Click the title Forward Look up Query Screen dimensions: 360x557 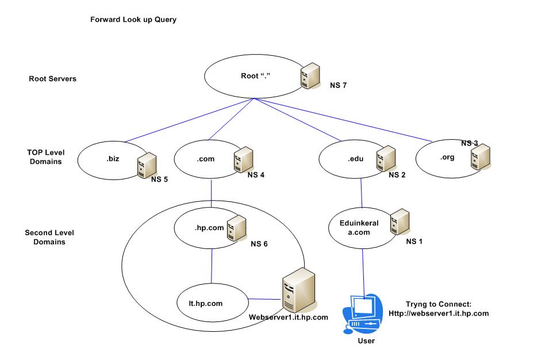[133, 20]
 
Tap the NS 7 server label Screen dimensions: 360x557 [339, 86]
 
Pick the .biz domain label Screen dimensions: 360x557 [112, 159]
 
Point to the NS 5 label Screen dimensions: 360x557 [160, 179]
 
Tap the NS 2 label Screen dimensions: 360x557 [397, 175]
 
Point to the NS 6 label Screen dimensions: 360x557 [259, 243]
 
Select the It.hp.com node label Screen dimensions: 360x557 [208, 302]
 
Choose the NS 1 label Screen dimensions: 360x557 [414, 242]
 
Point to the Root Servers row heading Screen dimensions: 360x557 [53, 79]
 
